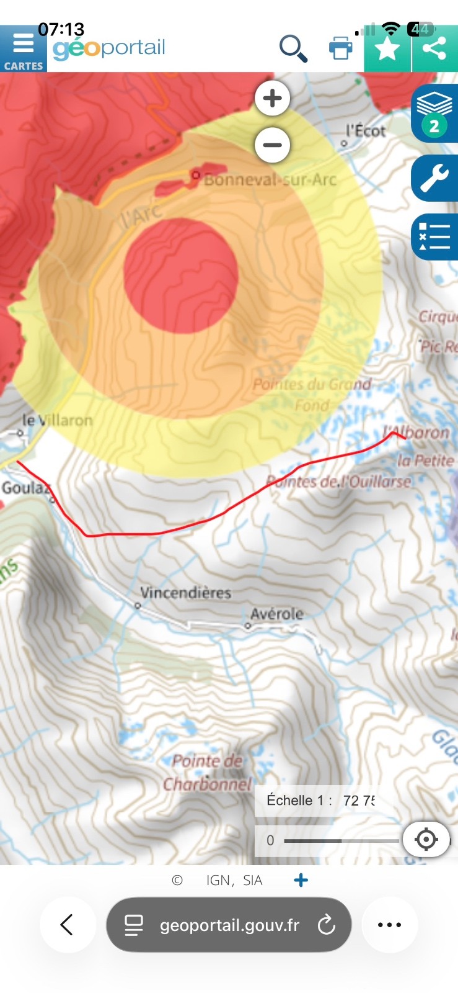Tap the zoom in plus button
pyautogui.click(x=272, y=98)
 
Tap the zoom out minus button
pyautogui.click(x=272, y=145)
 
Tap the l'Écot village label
pyautogui.click(x=366, y=131)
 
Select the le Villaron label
pyautogui.click(x=57, y=420)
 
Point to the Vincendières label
pyautogui.click(x=185, y=593)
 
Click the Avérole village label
pyautogui.click(x=277, y=614)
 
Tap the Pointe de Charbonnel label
pyautogui.click(x=207, y=773)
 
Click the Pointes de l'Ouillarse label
pyautogui.click(x=338, y=481)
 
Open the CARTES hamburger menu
pyautogui.click(x=23, y=49)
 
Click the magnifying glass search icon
pyautogui.click(x=293, y=48)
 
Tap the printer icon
pyautogui.click(x=340, y=48)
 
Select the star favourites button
pyautogui.click(x=387, y=48)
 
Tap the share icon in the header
pyautogui.click(x=434, y=48)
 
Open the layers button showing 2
pyautogui.click(x=434, y=113)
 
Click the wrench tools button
pyautogui.click(x=434, y=178)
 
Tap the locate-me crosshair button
pyautogui.click(x=426, y=839)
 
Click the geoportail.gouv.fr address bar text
pyautogui.click(x=229, y=925)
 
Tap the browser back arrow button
pyautogui.click(x=67, y=925)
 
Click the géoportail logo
pyautogui.click(x=109, y=48)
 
